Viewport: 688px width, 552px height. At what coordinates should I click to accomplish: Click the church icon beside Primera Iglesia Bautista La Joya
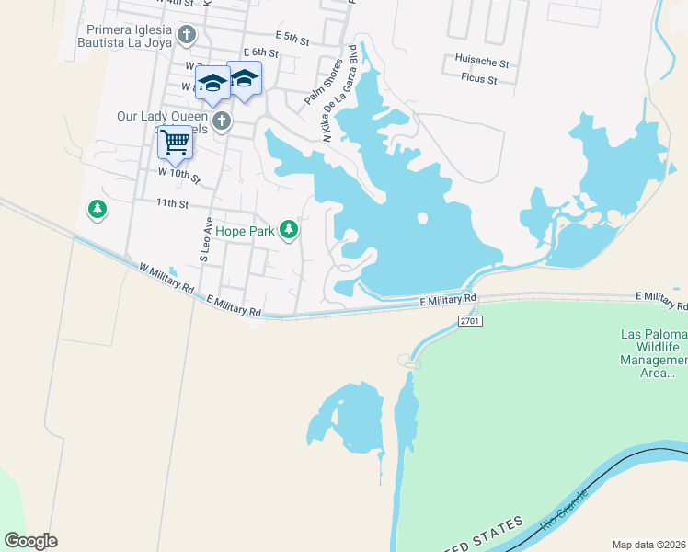pos(188,36)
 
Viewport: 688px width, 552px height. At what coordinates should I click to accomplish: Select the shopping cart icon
pos(174,143)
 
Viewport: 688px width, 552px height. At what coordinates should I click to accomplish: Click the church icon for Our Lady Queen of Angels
pos(221,121)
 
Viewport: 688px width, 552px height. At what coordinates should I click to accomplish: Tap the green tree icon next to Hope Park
pos(289,229)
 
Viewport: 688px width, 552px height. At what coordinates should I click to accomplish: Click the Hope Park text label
pos(245,232)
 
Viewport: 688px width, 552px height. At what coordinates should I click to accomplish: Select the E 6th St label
pos(260,53)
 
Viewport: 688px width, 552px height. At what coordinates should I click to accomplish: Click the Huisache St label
pos(482,62)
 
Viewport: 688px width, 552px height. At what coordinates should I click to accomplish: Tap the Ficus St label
pos(479,79)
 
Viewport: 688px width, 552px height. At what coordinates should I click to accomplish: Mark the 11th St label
pos(172,202)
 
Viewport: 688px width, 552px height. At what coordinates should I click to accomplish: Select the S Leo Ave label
pos(207,241)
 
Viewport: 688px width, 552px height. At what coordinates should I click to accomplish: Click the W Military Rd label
pos(166,279)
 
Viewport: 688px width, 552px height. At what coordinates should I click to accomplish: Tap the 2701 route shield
pos(469,320)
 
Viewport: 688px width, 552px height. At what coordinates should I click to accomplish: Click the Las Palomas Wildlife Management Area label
pos(660,353)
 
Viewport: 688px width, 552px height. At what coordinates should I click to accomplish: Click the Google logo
pos(31,541)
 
